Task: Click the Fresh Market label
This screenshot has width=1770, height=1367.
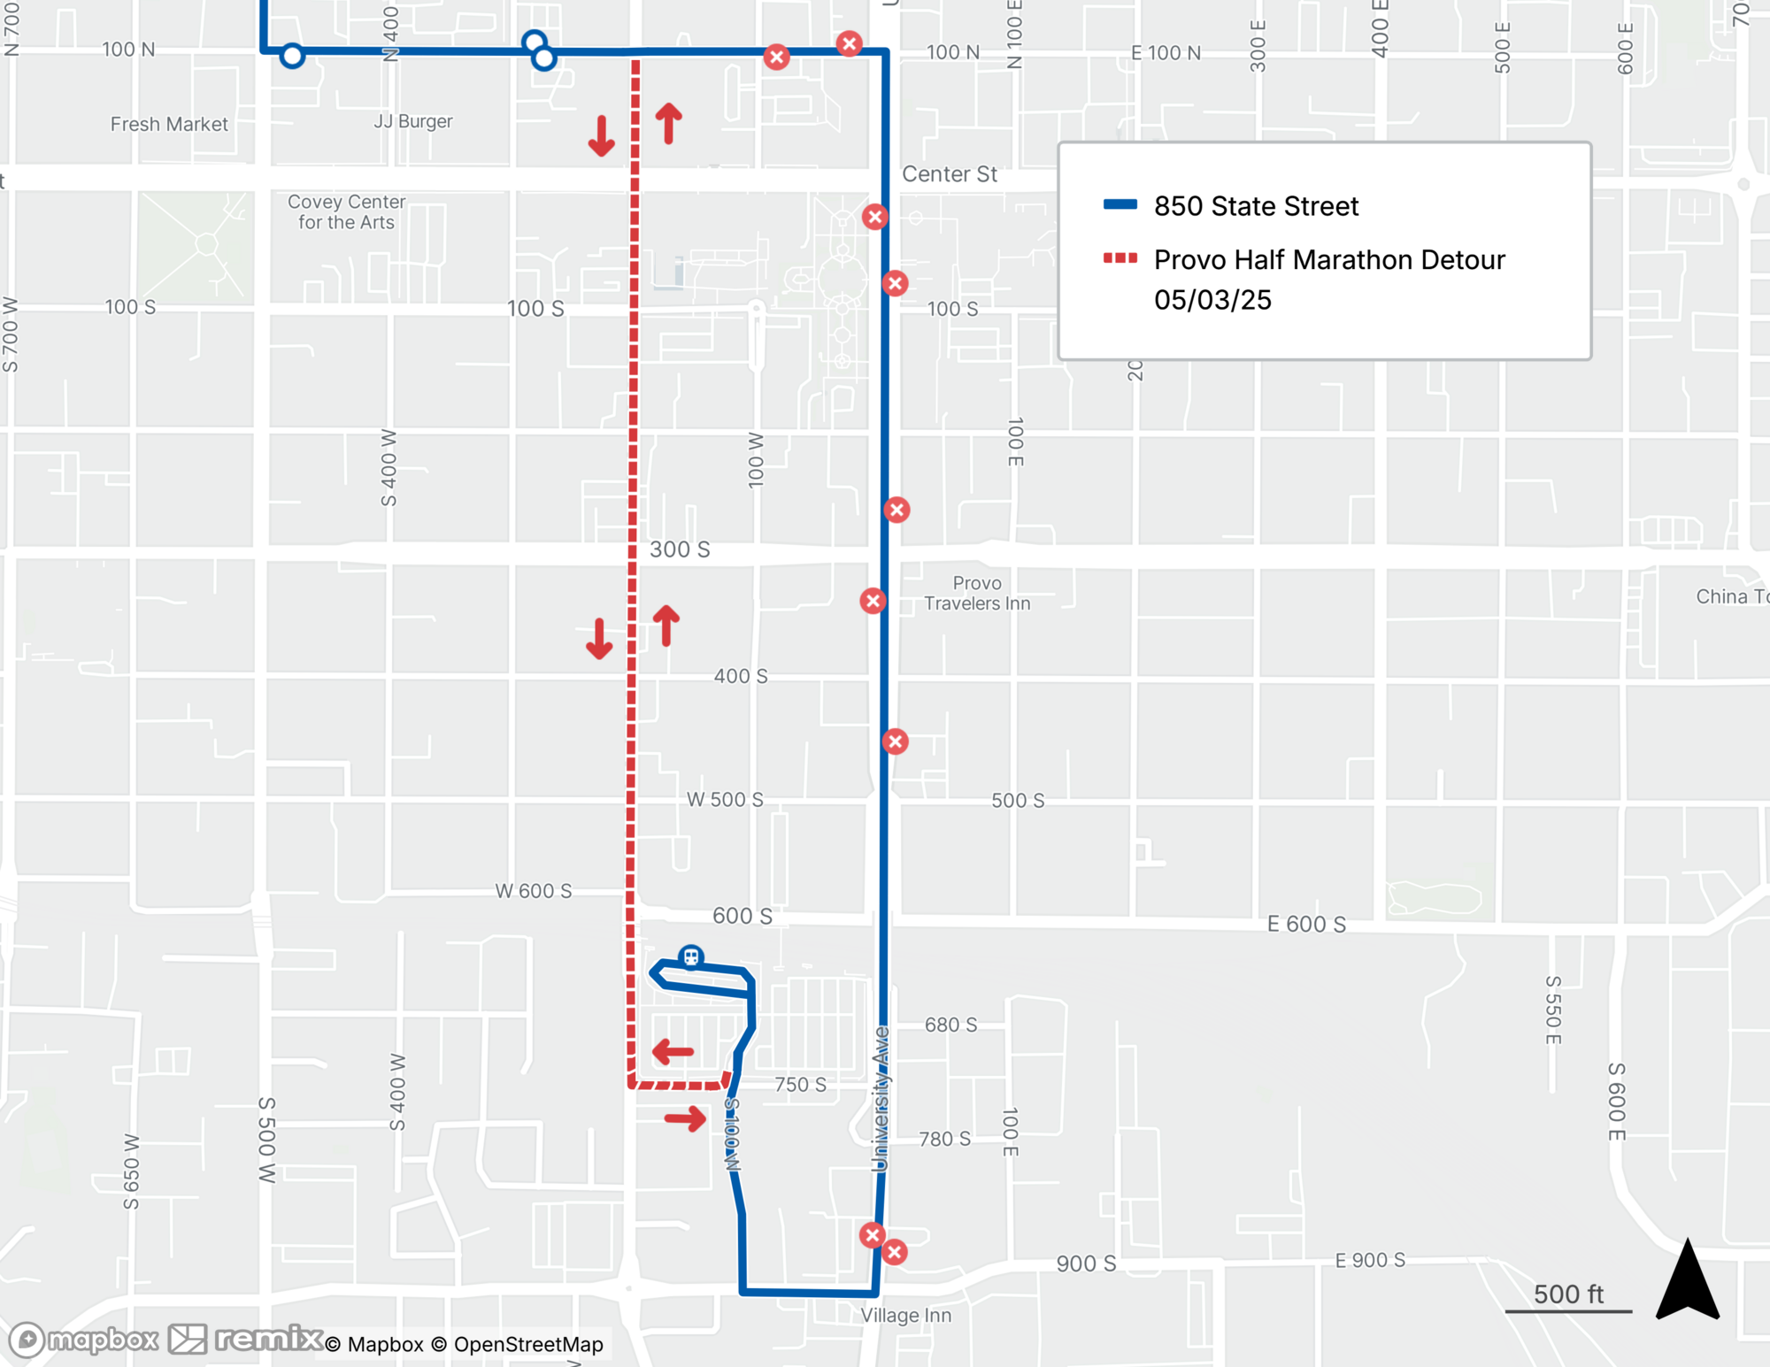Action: click(169, 124)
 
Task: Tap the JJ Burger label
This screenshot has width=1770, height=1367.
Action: click(412, 121)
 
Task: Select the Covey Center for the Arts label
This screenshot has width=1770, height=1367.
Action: click(346, 212)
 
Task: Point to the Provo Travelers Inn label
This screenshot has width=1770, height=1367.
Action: click(977, 594)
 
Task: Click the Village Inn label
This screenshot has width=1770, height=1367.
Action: click(905, 1316)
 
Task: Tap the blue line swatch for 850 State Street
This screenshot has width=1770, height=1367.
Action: click(1120, 205)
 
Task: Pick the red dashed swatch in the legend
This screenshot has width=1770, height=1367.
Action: click(1120, 258)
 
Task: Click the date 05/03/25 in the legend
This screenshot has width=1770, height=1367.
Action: click(1212, 300)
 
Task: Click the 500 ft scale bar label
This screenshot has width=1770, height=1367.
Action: click(1568, 1294)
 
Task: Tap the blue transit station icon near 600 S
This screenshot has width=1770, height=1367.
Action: click(691, 956)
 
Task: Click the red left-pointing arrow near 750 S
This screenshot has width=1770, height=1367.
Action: click(673, 1052)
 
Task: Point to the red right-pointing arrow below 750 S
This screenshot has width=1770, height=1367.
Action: click(686, 1119)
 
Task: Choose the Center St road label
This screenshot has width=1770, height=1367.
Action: click(949, 174)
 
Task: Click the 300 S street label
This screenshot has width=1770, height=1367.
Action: click(680, 549)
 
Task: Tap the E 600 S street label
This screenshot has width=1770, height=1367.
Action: click(1306, 925)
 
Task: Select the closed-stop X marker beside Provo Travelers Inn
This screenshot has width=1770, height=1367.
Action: click(873, 602)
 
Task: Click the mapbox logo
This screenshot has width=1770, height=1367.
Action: click(84, 1340)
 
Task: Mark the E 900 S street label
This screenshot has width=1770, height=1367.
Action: click(1370, 1260)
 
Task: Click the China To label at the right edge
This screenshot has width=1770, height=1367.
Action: click(1731, 596)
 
